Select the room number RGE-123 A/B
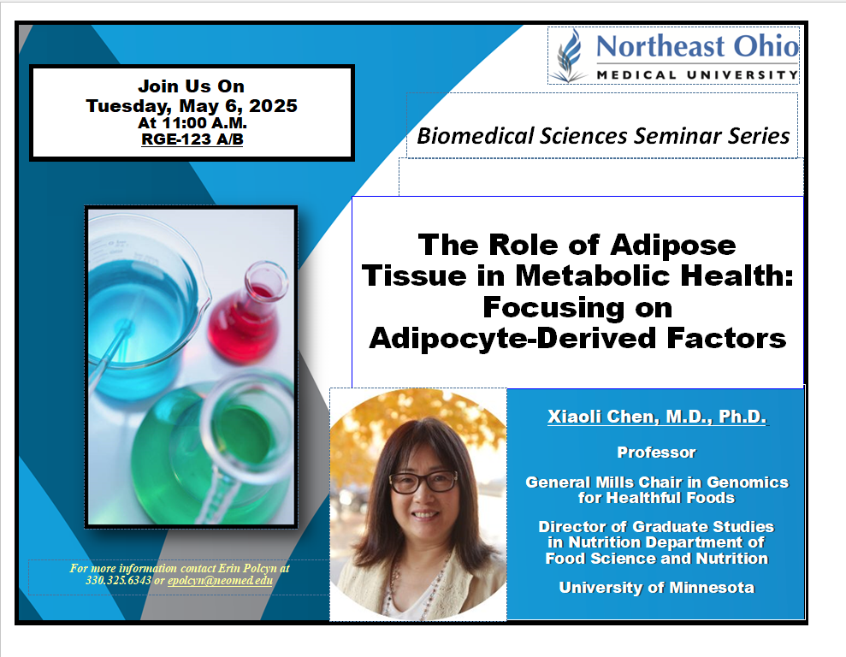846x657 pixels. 192,139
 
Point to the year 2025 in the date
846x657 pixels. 273,106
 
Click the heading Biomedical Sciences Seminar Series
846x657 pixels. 603,135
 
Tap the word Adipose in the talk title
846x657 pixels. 673,245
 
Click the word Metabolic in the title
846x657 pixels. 593,275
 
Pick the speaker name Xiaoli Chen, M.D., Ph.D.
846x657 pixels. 657,417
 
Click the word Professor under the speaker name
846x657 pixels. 656,452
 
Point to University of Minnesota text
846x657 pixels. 656,588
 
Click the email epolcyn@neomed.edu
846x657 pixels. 220,580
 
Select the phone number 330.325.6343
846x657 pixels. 118,580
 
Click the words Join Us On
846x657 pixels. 191,86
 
